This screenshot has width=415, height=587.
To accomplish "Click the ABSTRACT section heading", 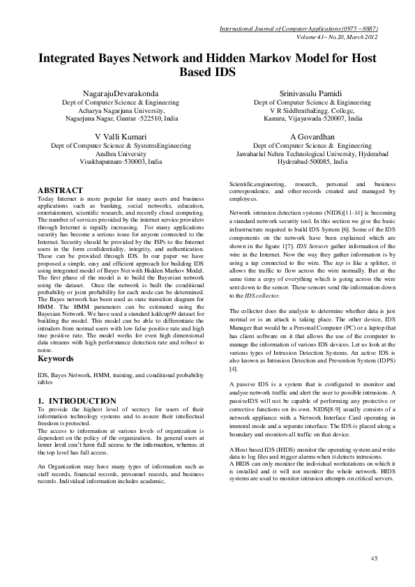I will click(60, 190).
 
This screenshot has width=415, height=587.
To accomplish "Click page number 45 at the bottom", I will click(374, 558).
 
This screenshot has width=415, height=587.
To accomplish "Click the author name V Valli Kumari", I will click(121, 136).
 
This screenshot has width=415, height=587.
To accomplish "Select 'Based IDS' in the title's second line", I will click(207, 72).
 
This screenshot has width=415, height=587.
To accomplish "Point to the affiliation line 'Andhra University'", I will click(121, 153).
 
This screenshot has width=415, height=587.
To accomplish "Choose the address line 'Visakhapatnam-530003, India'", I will click(121, 161).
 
